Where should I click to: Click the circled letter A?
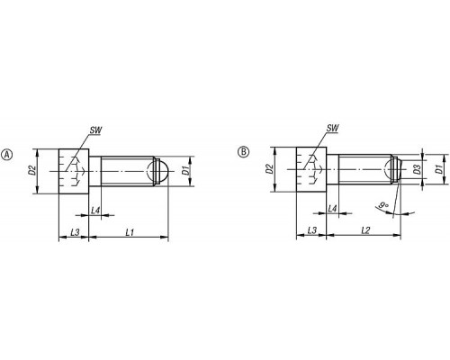click(x=7, y=155)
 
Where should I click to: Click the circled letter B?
click(x=243, y=152)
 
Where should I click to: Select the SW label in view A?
click(x=95, y=130)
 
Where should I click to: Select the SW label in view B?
click(x=332, y=128)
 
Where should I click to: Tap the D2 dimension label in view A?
click(x=32, y=170)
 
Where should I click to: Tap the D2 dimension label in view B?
click(x=270, y=169)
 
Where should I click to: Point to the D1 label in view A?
click(x=186, y=171)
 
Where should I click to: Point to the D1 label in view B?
click(x=439, y=169)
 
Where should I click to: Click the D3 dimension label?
click(x=416, y=170)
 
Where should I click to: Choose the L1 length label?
click(x=130, y=232)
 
